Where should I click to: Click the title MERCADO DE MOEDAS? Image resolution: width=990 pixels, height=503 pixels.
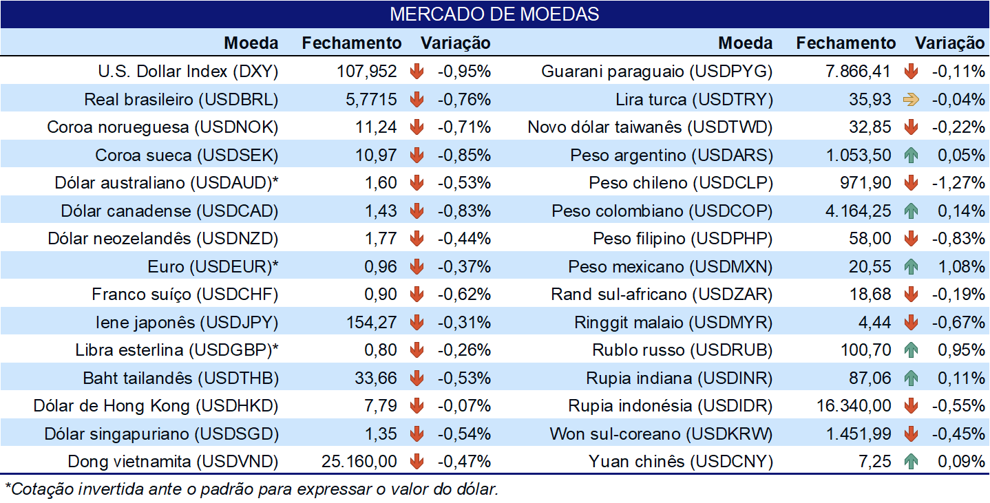pos(494,14)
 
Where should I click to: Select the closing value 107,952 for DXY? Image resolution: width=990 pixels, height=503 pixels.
pos(366,71)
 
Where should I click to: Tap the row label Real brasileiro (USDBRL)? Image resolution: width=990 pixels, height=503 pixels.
pos(181,99)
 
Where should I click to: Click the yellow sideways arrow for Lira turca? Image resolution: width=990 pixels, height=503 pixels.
pos(911,99)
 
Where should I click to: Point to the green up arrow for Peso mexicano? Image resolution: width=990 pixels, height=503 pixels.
pos(911,266)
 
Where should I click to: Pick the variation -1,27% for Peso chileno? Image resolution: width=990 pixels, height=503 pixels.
pos(958,183)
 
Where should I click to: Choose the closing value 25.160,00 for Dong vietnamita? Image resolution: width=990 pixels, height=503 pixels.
pos(359,462)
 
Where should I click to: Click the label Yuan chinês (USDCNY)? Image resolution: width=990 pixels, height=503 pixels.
pos(681,462)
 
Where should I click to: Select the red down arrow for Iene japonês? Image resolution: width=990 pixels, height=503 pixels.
pos(417,322)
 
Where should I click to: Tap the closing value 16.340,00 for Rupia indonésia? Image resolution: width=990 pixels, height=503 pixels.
pos(854,406)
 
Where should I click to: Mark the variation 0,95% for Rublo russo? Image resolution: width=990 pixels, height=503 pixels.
pos(961,350)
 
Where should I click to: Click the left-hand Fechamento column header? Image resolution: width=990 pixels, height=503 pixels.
pos(351,43)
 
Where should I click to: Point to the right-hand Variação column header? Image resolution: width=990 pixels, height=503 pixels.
pos(950,43)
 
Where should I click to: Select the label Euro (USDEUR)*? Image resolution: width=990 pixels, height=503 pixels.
pos(213,267)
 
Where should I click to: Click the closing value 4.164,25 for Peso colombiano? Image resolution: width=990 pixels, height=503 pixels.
pos(858,211)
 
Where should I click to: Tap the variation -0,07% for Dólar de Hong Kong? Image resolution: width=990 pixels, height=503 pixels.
pos(464,406)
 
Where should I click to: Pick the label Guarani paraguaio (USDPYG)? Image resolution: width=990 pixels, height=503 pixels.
pos(657,72)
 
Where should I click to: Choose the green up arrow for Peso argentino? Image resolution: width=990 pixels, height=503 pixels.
pos(911,155)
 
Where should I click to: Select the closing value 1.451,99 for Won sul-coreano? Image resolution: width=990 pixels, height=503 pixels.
pos(859,434)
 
